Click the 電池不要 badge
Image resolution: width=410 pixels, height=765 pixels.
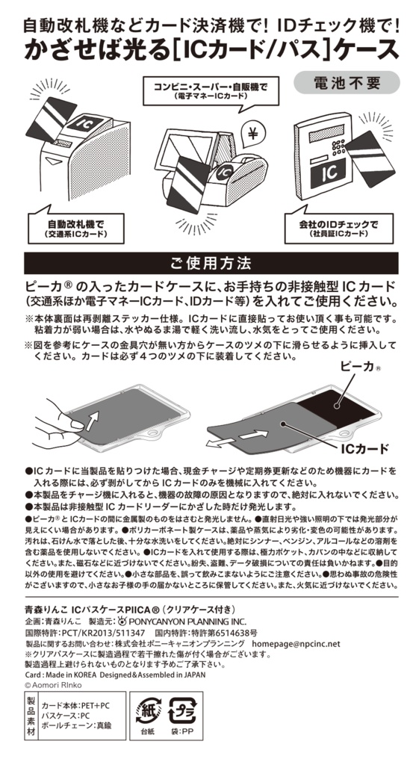click(346, 82)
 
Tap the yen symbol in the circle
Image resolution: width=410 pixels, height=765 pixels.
click(252, 133)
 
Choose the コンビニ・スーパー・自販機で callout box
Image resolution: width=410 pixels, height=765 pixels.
click(210, 90)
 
